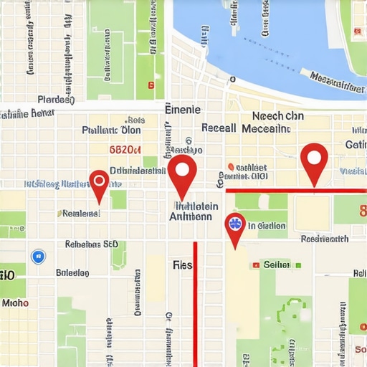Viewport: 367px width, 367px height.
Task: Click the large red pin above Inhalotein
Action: tap(182, 172)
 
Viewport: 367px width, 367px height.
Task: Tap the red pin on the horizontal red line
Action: tap(313, 159)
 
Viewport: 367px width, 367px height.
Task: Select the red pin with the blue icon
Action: tap(234, 224)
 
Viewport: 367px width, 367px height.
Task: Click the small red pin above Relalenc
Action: tap(99, 181)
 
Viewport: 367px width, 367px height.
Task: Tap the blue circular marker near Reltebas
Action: tap(38, 256)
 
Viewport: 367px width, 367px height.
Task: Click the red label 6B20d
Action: tap(125, 150)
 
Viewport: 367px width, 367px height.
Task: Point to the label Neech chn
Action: tap(277, 115)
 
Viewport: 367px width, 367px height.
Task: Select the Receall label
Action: tap(219, 128)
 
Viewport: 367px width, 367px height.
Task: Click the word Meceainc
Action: tap(266, 129)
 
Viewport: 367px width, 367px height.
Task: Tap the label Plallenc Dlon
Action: tap(111, 130)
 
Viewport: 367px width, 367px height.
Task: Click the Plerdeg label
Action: tap(55, 100)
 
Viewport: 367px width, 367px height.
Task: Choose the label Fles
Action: tap(183, 264)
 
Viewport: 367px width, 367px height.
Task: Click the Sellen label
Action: tap(277, 264)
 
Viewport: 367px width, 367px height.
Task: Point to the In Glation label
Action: tap(267, 226)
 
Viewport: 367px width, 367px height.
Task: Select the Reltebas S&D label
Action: tap(91, 244)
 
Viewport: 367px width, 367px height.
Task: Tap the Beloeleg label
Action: tap(72, 272)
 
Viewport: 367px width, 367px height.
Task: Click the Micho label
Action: tap(15, 303)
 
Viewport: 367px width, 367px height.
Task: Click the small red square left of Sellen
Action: tap(255, 264)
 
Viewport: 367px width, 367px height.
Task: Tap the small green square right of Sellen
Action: tap(297, 264)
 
